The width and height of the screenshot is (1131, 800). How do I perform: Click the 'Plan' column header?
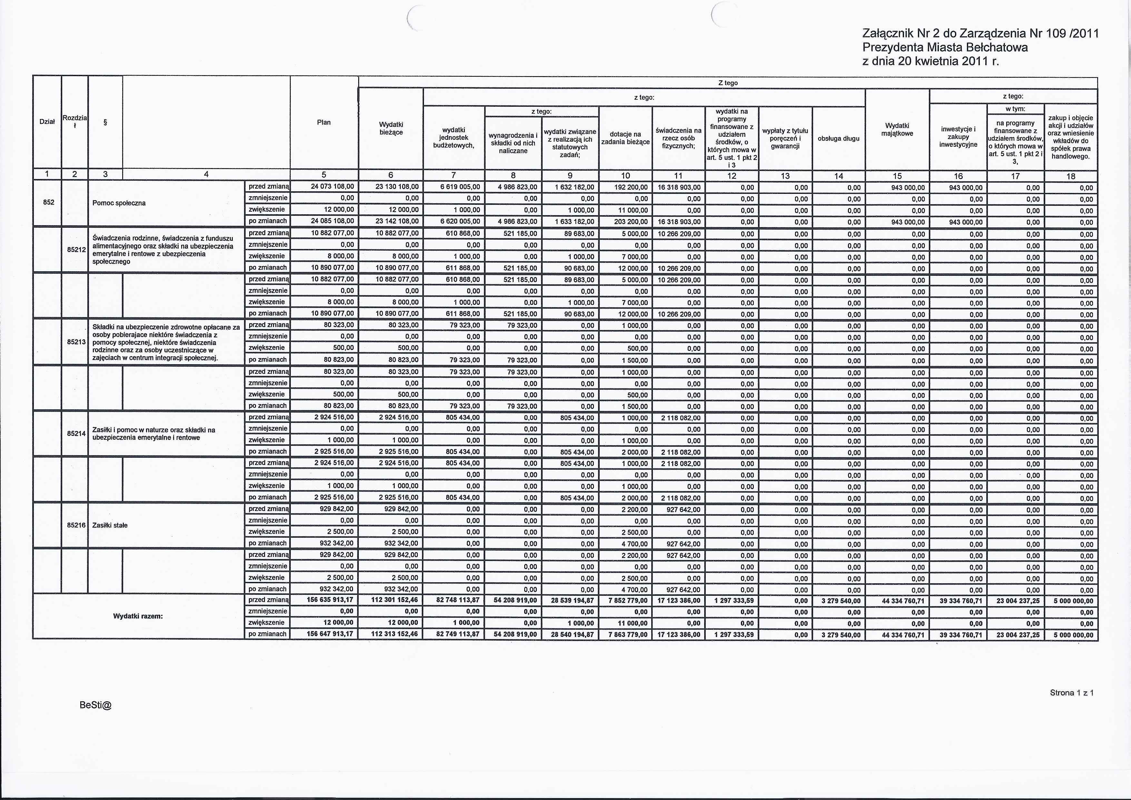[324, 122]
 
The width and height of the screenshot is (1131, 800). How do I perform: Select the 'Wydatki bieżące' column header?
[391, 128]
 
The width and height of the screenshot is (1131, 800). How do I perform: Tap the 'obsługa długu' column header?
[838, 138]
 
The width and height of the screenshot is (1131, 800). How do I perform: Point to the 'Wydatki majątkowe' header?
[897, 129]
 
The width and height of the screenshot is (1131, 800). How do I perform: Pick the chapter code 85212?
[76, 250]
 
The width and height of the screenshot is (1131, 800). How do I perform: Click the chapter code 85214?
[76, 434]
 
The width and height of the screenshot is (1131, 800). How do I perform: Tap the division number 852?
[48, 202]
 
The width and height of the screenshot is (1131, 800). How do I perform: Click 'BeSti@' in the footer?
[95, 705]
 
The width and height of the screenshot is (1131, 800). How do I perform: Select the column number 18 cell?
[1071, 176]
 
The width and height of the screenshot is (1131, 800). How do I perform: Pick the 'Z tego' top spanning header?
[728, 83]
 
